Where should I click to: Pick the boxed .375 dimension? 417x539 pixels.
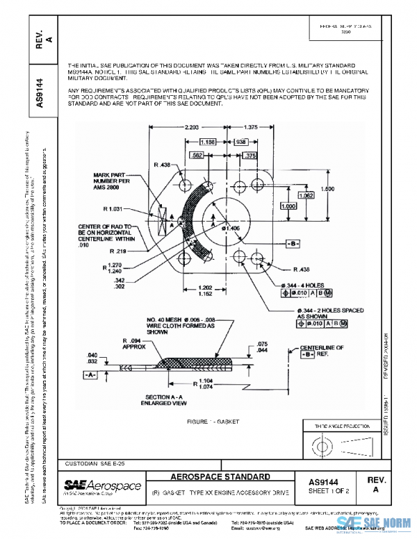250,156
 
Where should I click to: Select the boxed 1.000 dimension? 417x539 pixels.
286,206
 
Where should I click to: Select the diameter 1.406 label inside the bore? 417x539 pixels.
230,228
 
